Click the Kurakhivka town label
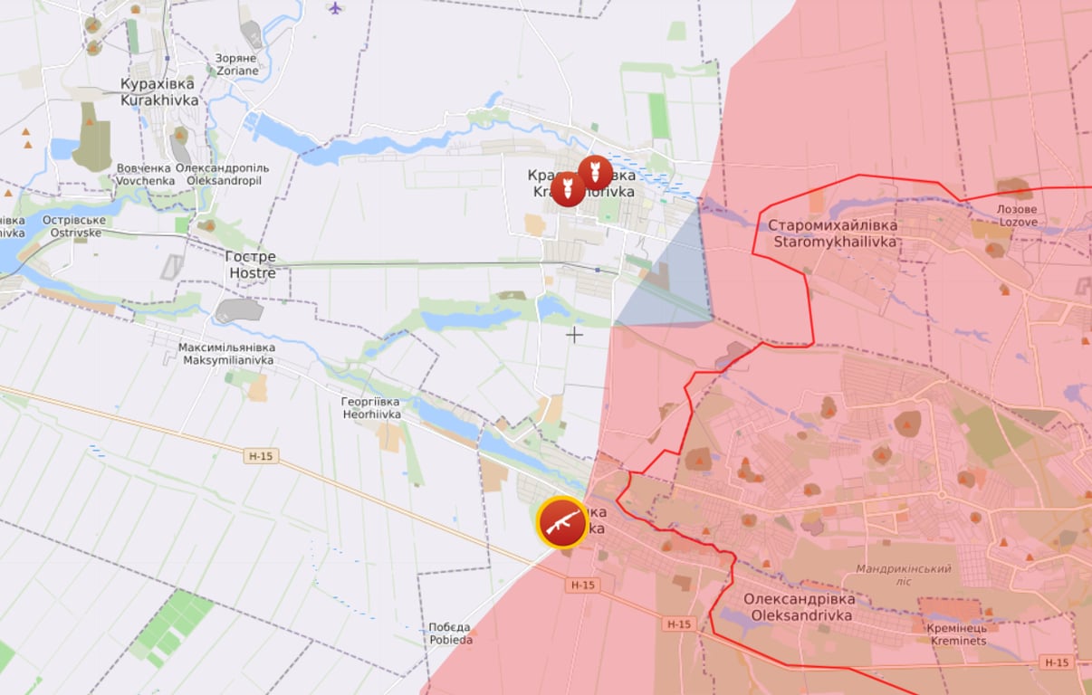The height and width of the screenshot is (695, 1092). pos(159,92)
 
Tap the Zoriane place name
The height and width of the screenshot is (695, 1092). pos(236,64)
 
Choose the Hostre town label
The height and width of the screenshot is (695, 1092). pos(252,264)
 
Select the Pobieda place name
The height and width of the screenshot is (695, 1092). pos(450,633)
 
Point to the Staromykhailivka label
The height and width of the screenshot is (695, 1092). pos(832,233)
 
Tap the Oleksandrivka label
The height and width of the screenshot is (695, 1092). pos(798,607)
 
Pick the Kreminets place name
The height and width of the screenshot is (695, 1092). pos(956,634)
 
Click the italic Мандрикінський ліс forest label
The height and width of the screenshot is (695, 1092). pos(904,576)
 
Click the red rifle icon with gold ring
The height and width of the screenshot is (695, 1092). pos(561,522)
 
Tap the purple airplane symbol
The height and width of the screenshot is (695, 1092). pos(336,9)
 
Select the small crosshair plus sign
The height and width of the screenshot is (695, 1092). pos(574,335)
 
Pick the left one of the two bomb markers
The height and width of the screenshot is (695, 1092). pos(568,189)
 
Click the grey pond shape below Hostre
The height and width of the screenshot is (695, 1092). pos(239,310)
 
